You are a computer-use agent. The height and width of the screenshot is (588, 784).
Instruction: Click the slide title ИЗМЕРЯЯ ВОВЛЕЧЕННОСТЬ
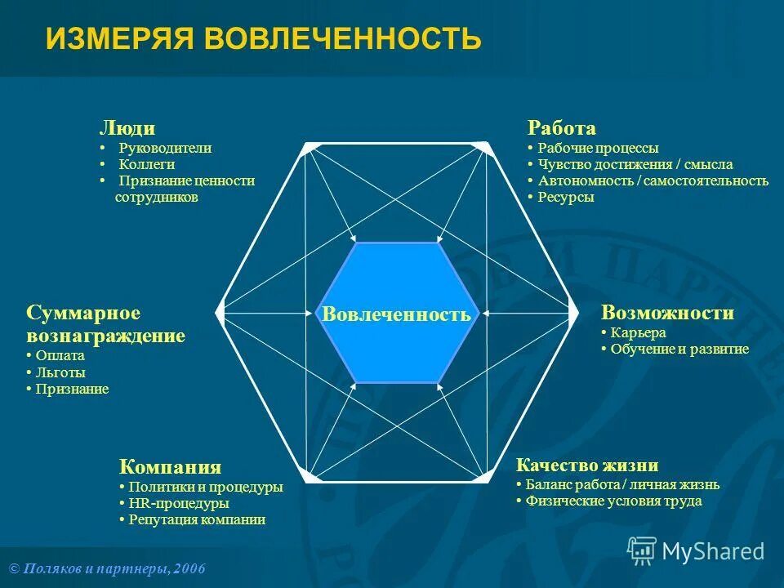coord(263,38)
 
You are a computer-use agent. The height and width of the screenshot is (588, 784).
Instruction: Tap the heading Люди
coord(127,128)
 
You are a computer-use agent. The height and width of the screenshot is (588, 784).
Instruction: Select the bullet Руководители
coord(165,149)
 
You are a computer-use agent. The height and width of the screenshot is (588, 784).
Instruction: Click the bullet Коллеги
coord(147,165)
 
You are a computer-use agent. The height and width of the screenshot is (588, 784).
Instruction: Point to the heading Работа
coord(562,128)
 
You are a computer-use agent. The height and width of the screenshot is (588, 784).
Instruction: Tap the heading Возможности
coord(667,313)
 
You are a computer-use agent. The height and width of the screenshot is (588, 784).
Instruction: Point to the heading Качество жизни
coord(587,465)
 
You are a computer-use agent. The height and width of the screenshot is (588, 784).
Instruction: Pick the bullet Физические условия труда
coord(613,501)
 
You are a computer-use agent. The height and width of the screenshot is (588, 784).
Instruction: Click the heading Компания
coord(170,467)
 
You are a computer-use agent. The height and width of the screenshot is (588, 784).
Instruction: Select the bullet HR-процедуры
coord(178,504)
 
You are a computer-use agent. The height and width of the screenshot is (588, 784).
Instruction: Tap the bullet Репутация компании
coord(197,520)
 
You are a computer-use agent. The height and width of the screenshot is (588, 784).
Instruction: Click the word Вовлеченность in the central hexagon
coord(396,314)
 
